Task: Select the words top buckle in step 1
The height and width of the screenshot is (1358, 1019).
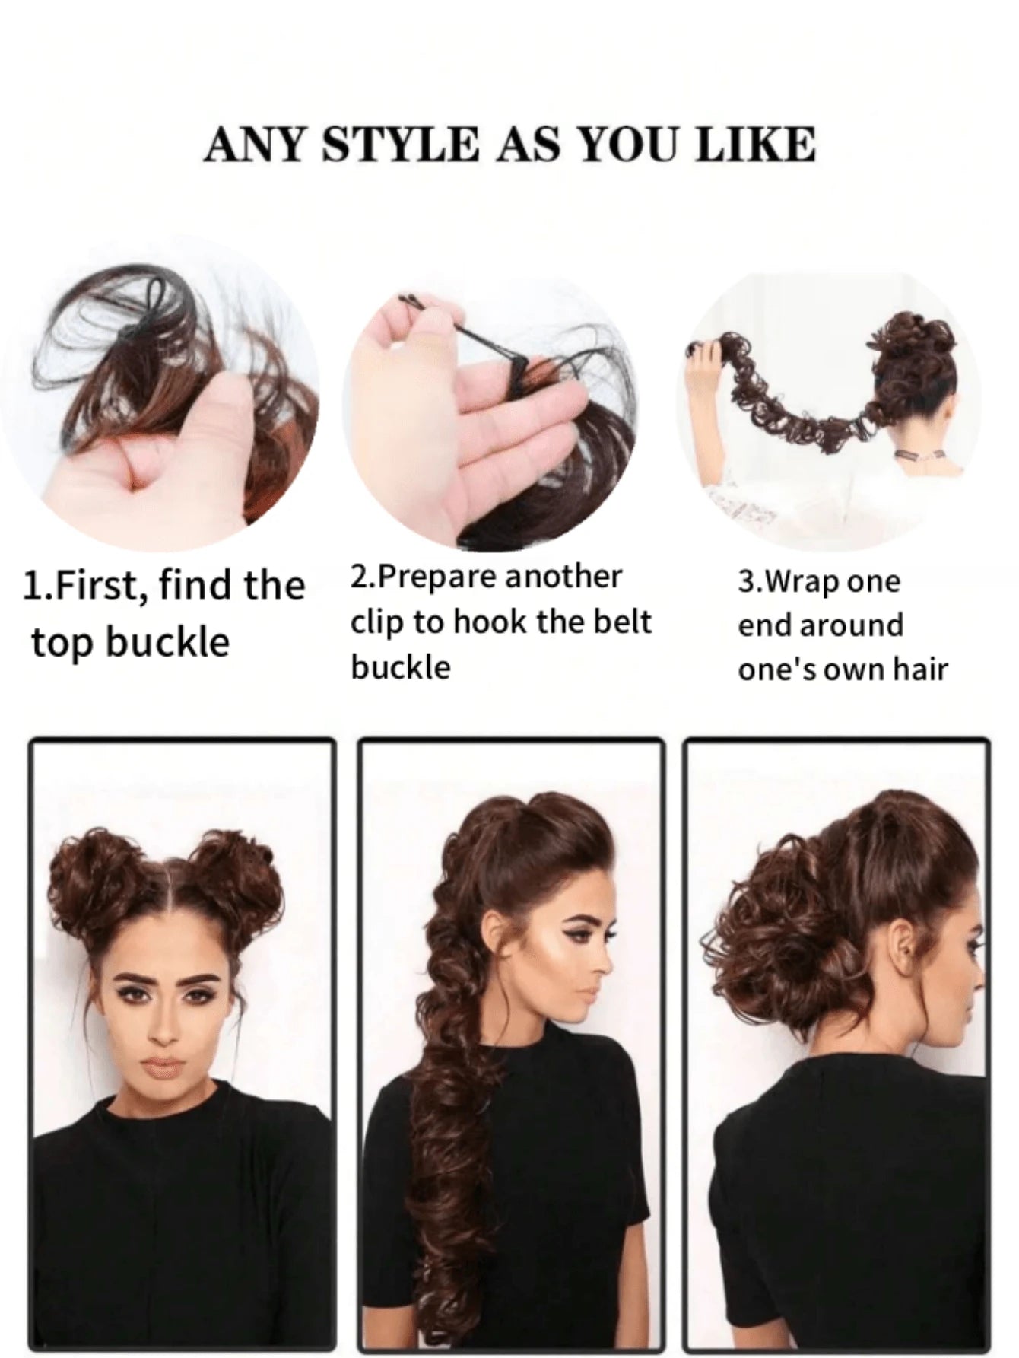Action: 129,641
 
